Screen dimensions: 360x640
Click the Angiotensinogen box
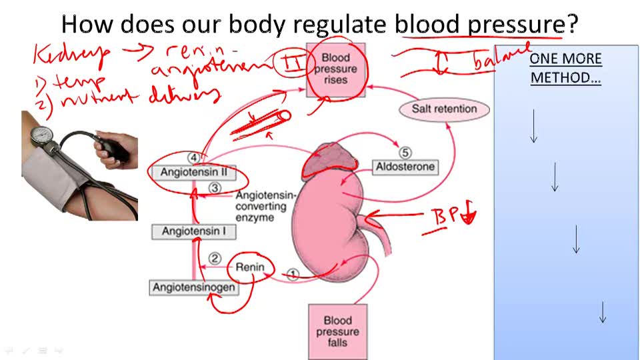(193, 287)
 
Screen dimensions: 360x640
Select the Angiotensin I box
(193, 232)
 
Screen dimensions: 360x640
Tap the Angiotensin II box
(194, 172)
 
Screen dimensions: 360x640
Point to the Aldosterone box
(404, 167)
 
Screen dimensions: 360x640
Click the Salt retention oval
(444, 109)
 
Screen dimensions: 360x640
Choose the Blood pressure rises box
(335, 69)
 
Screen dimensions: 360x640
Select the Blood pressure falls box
(337, 331)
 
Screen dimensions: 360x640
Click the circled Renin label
(250, 268)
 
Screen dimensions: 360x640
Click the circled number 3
(214, 188)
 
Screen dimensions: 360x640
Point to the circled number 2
(214, 258)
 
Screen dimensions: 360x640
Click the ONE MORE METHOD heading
(565, 68)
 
